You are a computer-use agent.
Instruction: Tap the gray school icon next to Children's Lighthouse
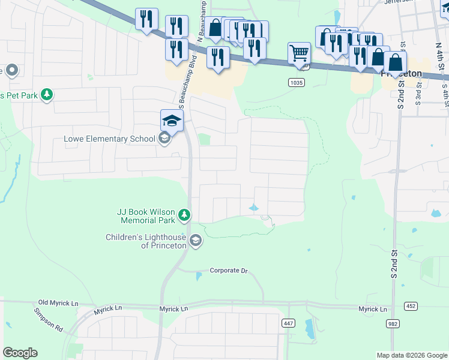coord(195,241)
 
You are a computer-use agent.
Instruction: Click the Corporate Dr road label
coord(228,271)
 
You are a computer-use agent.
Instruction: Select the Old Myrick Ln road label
coord(58,303)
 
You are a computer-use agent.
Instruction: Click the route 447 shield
coord(289,323)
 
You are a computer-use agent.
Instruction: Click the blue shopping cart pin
coord(299,53)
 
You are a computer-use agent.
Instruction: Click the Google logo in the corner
coord(20,353)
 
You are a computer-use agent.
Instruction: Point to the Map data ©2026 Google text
coord(411,355)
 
